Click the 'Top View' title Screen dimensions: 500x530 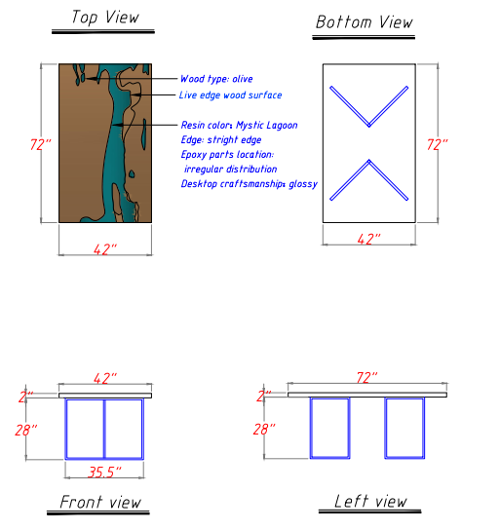click(x=105, y=18)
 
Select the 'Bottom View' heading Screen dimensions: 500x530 click(x=365, y=22)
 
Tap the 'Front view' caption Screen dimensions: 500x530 click(x=100, y=502)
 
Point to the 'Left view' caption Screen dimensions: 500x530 click(x=370, y=501)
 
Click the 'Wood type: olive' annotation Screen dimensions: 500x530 click(x=216, y=79)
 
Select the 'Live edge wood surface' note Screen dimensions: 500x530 click(x=230, y=95)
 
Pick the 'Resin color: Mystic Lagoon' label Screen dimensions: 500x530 click(x=239, y=125)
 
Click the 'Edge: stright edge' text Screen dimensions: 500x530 click(x=221, y=139)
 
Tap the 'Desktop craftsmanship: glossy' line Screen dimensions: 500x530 click(x=250, y=184)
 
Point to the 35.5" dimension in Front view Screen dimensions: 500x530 click(x=104, y=472)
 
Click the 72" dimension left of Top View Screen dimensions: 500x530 click(x=40, y=144)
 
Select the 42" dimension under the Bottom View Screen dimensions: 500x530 click(x=368, y=239)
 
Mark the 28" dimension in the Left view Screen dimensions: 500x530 click(x=264, y=430)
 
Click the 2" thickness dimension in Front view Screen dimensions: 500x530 click(x=26, y=397)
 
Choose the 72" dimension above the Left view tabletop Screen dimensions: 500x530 click(x=367, y=378)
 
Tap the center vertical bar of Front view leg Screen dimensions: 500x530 click(x=104, y=429)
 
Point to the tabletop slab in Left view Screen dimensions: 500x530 click(x=367, y=395)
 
